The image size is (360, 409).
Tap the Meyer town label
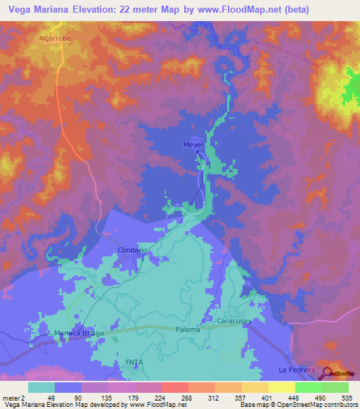193,145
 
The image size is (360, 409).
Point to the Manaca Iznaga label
79,332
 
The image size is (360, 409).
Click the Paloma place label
188,330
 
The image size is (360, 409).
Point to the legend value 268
175,398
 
